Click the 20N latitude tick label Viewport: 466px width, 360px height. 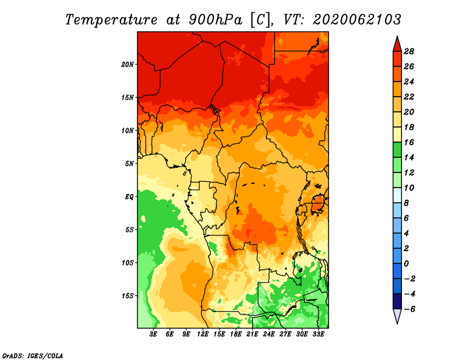(128, 64)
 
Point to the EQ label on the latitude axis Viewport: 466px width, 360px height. (129, 196)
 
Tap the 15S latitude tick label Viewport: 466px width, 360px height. (128, 296)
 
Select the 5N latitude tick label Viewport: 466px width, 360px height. (129, 164)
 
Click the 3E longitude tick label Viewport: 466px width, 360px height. (153, 334)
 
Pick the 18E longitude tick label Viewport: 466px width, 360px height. (236, 334)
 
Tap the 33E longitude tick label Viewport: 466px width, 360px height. (318, 334)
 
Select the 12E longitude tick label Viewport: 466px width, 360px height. (203, 334)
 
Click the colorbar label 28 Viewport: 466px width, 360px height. (409, 51)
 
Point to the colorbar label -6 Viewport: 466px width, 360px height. (409, 309)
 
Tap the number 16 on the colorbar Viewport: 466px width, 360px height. (409, 142)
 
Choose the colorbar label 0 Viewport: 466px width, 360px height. (406, 264)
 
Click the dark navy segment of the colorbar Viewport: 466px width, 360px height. (397, 301)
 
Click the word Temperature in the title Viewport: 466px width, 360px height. (111, 20)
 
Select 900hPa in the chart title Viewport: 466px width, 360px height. (216, 20)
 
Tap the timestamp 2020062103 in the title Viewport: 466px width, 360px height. (357, 20)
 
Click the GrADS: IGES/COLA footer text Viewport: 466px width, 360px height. (33, 356)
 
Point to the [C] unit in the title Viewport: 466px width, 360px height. (260, 20)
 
